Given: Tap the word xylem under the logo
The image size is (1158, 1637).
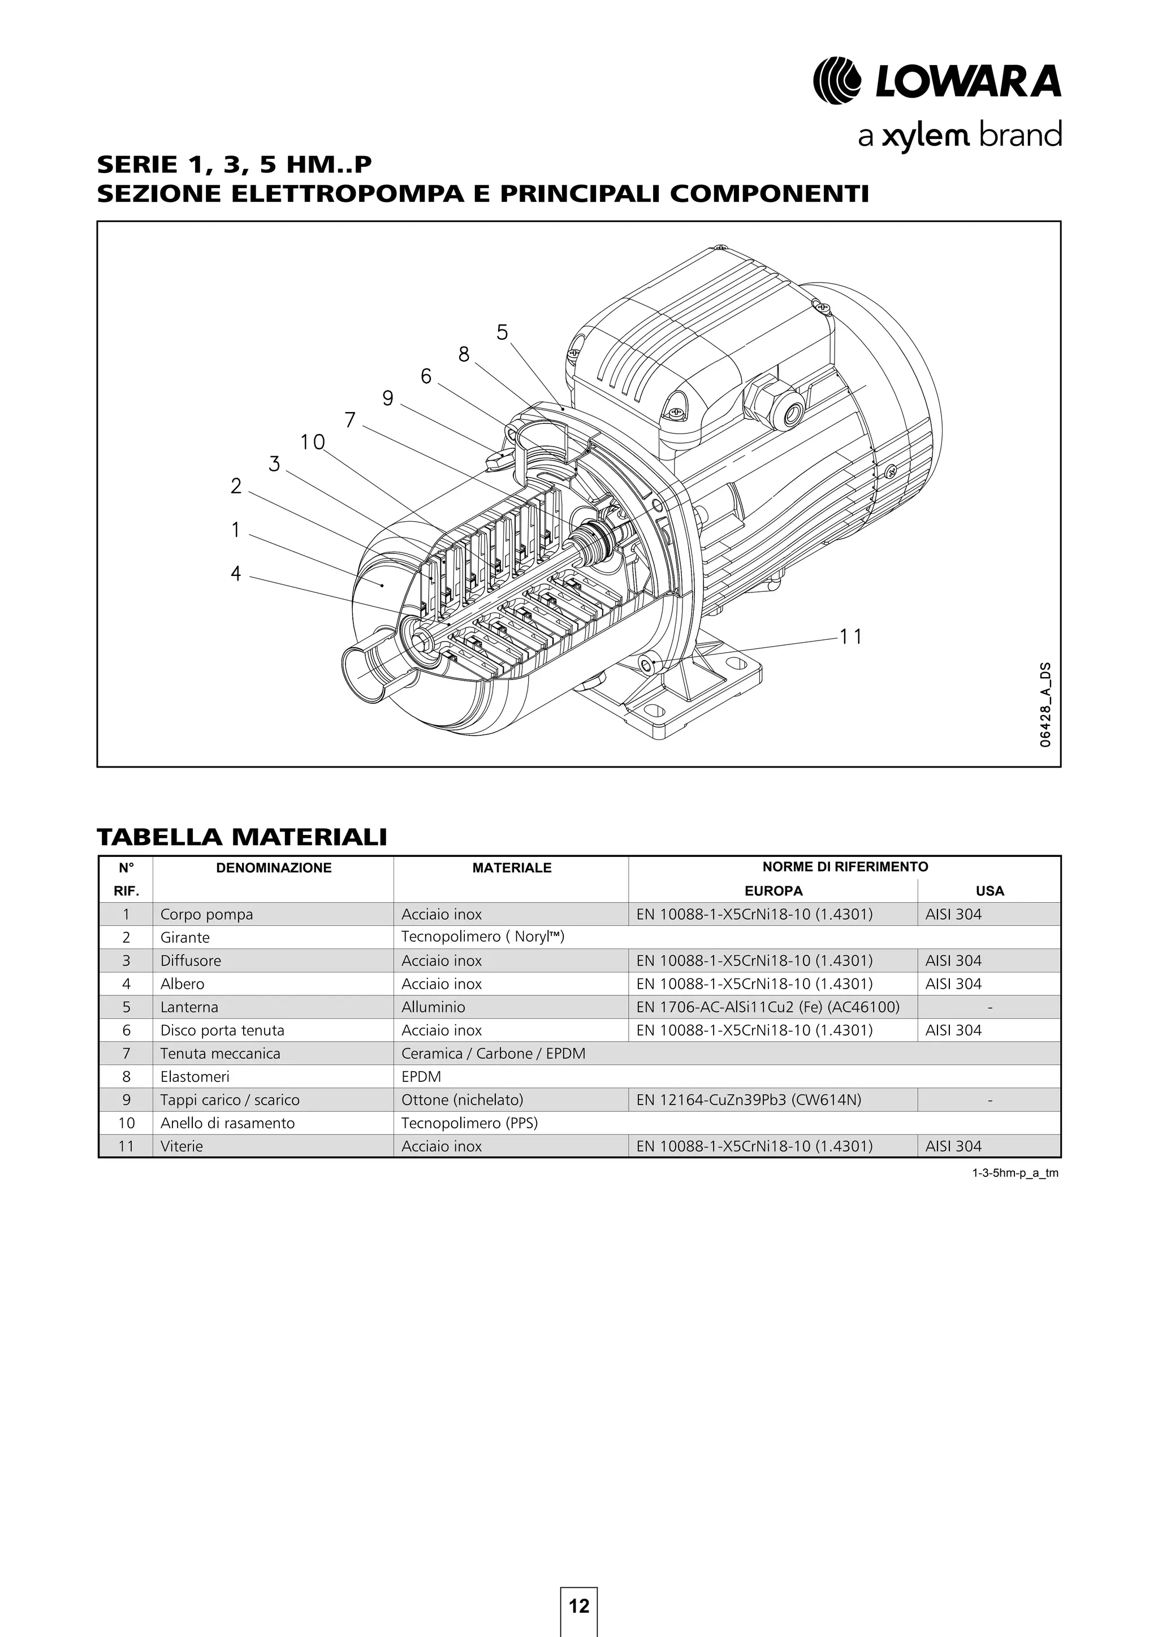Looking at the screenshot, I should coord(925,136).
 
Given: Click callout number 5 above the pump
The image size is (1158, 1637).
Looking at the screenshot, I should coord(502,332).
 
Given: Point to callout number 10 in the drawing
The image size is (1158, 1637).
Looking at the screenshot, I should coord(312,442).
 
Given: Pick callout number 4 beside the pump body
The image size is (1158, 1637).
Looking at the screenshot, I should coord(236,573).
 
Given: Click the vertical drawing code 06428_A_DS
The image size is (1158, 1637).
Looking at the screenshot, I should coord(1044,704).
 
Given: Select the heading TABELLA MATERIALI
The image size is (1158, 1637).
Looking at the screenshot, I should coord(242,837).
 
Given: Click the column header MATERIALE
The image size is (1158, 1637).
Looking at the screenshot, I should coord(511,868).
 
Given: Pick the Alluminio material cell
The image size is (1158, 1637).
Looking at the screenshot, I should coord(433,1007).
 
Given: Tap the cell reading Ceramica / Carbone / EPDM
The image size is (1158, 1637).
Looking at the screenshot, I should coord(492,1053).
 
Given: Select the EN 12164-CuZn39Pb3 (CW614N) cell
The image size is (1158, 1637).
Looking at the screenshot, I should coord(748,1099).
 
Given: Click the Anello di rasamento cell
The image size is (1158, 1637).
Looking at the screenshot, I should coord(227,1123).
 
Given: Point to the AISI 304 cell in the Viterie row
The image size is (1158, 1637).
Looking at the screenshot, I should coord(953,1146).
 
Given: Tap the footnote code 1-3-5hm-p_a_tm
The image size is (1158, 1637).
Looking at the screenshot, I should coord(1015,1173).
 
